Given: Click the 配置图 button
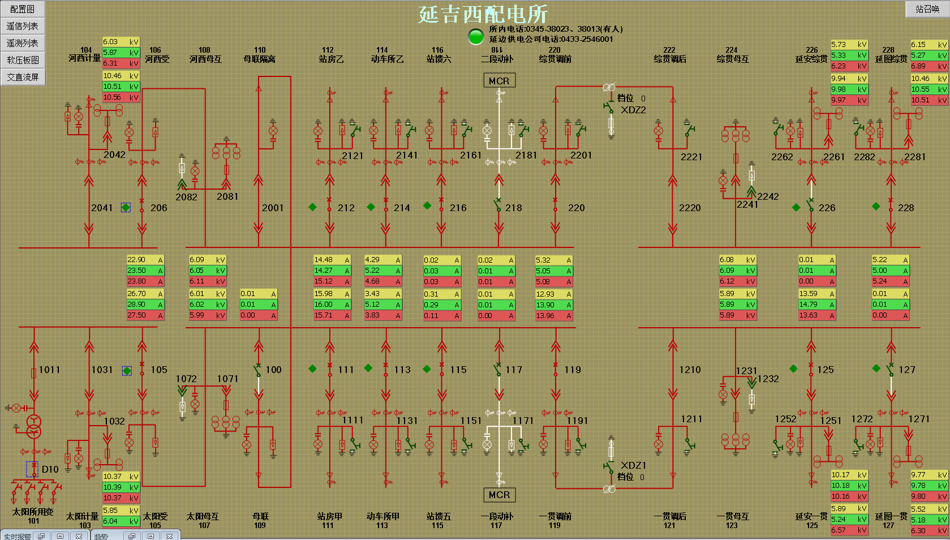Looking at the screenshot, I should pyautogui.click(x=23, y=9).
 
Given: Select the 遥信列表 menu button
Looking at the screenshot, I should pyautogui.click(x=23, y=26).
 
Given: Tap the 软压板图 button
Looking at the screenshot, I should pyautogui.click(x=23, y=60).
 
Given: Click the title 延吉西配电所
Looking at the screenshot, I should pyautogui.click(x=483, y=14).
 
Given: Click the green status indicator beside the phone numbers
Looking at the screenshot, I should pyautogui.click(x=476, y=36).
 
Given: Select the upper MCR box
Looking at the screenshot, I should pyautogui.click(x=499, y=81).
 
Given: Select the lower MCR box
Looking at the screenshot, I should pyautogui.click(x=499, y=495).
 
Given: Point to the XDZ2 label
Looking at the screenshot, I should pyautogui.click(x=633, y=110).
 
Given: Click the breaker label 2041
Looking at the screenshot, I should pyautogui.click(x=102, y=208).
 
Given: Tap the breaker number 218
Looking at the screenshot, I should pyautogui.click(x=514, y=208).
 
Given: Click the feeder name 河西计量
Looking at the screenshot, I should pyautogui.click(x=84, y=58).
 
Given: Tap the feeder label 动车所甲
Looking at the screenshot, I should pyautogui.click(x=382, y=516).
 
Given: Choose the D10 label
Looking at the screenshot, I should pyautogui.click(x=50, y=469).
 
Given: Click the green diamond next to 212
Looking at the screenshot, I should pyautogui.click(x=312, y=207).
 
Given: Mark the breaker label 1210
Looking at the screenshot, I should pyautogui.click(x=690, y=370).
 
